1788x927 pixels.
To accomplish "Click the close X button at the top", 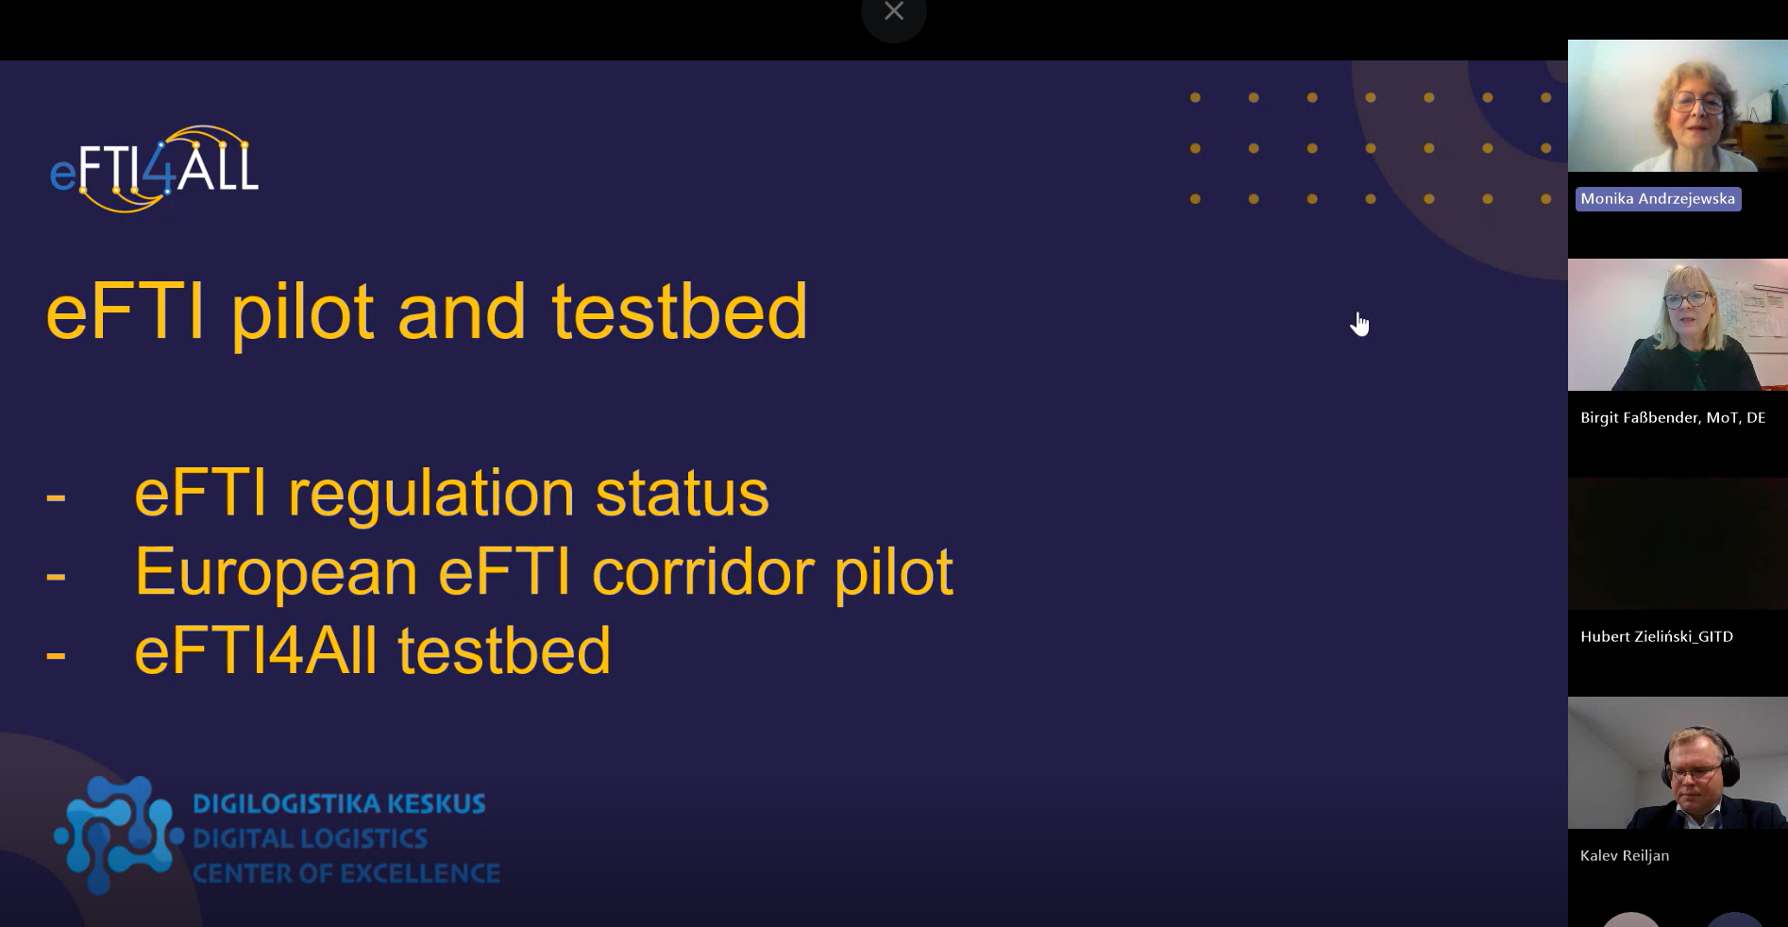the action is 894,11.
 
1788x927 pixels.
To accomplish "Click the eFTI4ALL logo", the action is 154,168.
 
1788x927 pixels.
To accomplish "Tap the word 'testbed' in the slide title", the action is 680,312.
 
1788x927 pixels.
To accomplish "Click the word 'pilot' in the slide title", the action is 303,312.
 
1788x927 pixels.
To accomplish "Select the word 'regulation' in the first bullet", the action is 431,495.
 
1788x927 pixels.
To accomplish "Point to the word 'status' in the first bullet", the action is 682,494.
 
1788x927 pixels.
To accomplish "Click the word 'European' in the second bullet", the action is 277,573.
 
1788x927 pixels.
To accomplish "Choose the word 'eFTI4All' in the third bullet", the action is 256,651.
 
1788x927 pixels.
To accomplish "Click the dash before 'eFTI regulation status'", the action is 56,496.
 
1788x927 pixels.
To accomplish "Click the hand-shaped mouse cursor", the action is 1359,324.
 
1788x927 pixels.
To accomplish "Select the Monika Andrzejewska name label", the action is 1658,198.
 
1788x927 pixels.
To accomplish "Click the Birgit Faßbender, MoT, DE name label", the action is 1673,417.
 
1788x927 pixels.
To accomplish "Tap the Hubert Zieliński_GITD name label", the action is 1657,636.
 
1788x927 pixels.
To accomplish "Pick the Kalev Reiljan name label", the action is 1625,855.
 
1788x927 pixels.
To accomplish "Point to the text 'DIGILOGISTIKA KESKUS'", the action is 339,803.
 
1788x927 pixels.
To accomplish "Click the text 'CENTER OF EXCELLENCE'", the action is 346,873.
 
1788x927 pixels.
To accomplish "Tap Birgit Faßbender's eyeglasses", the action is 1686,299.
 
